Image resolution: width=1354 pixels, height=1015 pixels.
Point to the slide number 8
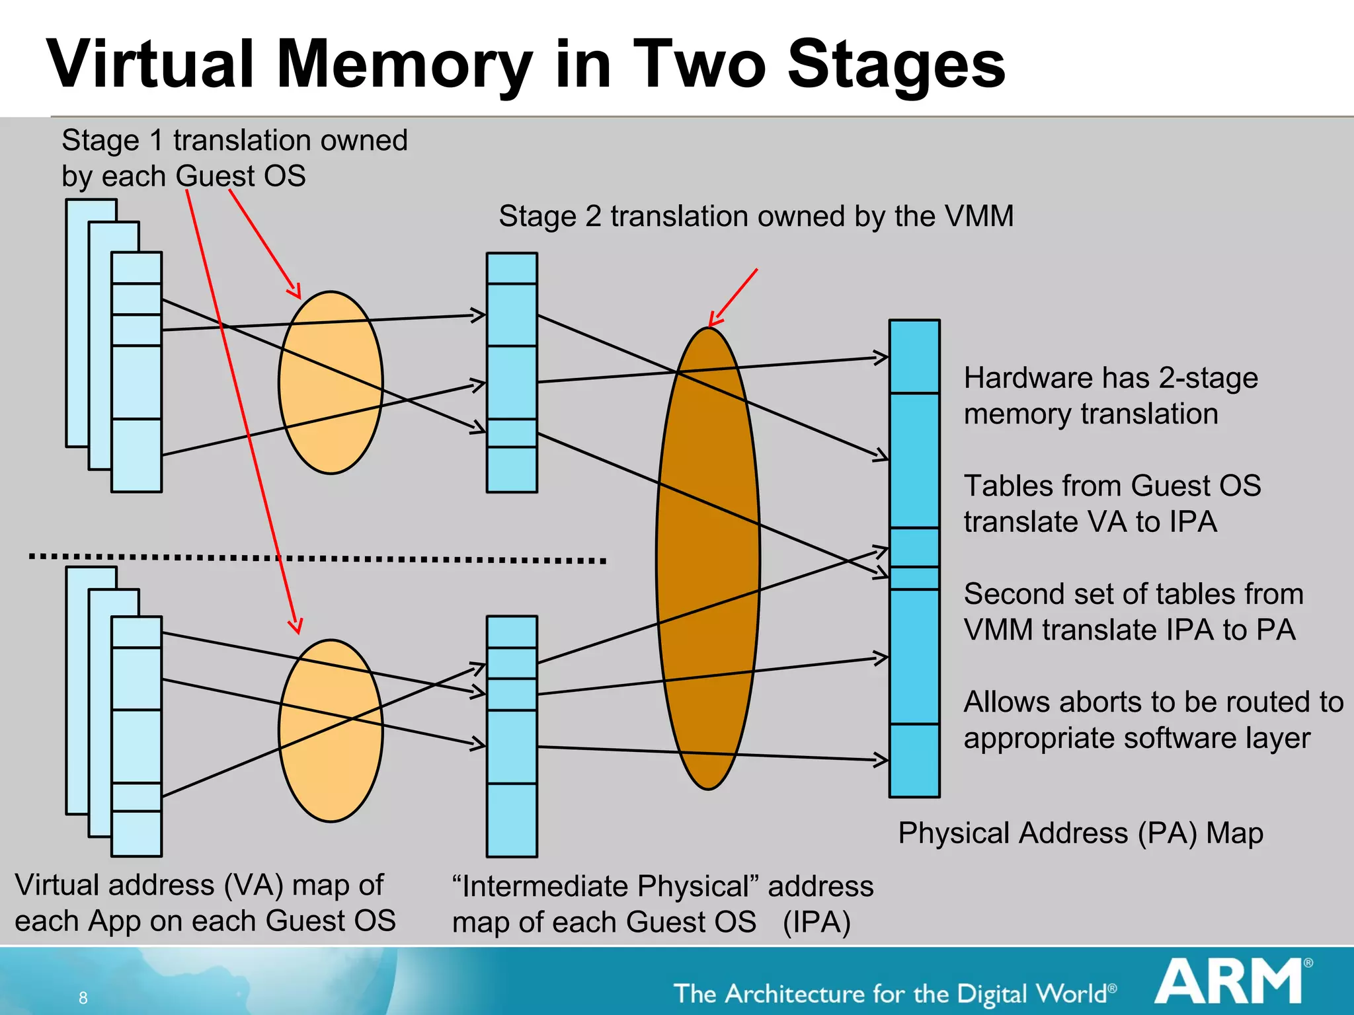pos(83,998)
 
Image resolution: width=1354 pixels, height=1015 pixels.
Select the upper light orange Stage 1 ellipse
pos(331,383)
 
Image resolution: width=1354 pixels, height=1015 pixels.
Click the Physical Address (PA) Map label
pos(1080,833)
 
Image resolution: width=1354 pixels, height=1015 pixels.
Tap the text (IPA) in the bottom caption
pos(816,922)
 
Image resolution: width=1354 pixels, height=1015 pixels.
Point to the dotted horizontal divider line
pos(317,558)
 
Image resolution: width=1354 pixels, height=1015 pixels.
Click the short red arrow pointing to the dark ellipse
pos(734,297)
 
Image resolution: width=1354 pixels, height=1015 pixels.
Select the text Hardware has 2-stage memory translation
pos(1111,395)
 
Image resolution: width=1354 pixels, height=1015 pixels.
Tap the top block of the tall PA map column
pos(914,357)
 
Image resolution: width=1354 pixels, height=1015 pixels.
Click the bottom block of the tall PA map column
pos(914,760)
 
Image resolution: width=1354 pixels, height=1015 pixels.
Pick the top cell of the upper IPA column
pos(512,268)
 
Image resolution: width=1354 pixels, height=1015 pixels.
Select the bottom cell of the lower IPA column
pos(512,819)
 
